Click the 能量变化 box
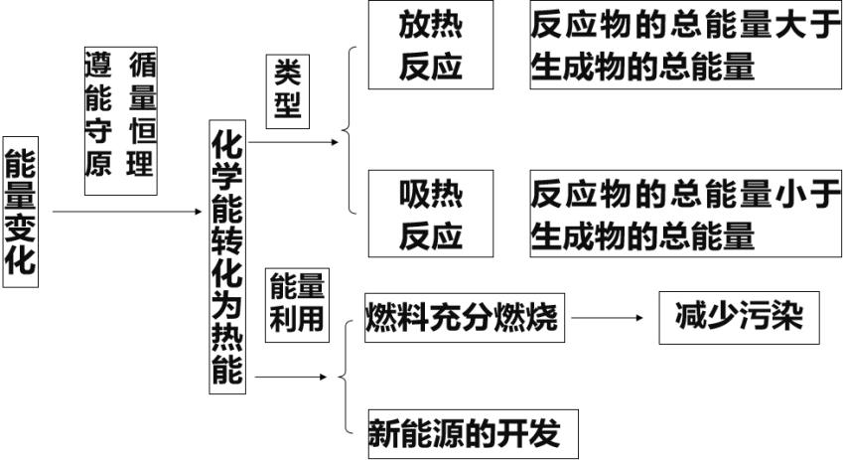21,212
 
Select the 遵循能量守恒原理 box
120,117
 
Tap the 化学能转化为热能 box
227,255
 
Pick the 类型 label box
288,90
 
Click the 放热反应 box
431,46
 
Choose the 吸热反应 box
431,213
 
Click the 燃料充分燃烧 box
462,319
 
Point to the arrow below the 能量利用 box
293,378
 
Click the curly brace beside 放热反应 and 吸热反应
350,129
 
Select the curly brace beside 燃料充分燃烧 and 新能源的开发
347,377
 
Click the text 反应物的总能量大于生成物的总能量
685,46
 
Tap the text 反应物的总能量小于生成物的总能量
685,213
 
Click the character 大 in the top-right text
794,25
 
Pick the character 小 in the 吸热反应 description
794,192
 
